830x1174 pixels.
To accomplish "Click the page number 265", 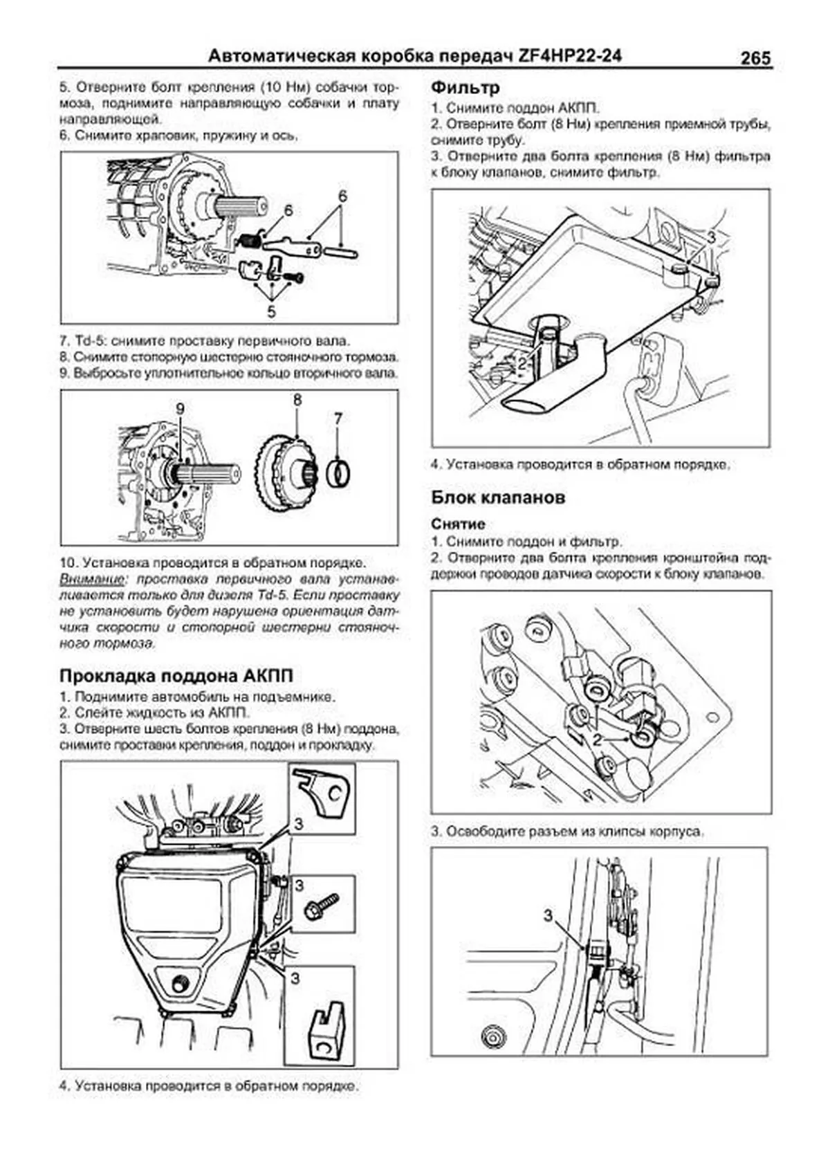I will pyautogui.click(x=755, y=58).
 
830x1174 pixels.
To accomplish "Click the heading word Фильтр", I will pyautogui.click(x=465, y=88).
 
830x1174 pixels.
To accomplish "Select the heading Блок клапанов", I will pyautogui.click(x=498, y=497).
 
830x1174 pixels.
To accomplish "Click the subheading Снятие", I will pyautogui.click(x=459, y=524).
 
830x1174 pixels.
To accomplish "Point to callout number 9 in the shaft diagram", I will pyautogui.click(x=181, y=409).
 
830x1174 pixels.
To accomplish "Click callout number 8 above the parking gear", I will pyautogui.click(x=297, y=401).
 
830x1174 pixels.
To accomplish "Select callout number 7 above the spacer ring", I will pyautogui.click(x=338, y=419).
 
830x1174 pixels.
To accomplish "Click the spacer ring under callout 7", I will pyautogui.click(x=338, y=473).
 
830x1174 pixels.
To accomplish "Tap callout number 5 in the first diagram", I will pyautogui.click(x=271, y=311).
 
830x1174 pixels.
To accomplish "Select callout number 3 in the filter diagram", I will pyautogui.click(x=710, y=237).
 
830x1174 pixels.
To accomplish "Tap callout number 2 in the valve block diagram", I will pyautogui.click(x=597, y=740).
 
